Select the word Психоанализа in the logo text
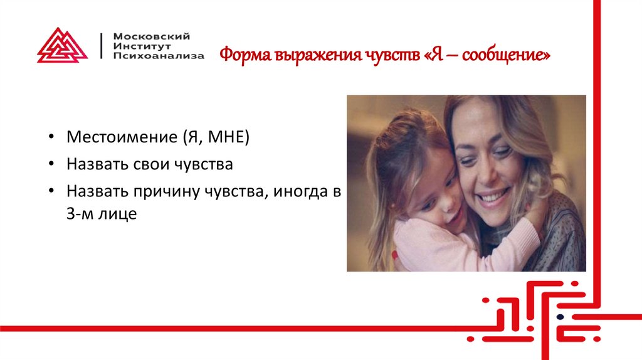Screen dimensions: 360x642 click(158, 56)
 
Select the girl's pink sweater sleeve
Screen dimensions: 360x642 click(433, 248)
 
